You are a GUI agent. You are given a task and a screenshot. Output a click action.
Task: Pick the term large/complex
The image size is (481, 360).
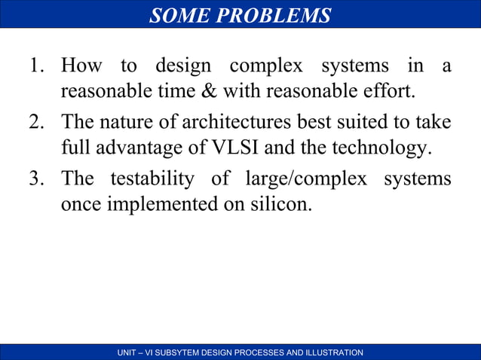(308, 178)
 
